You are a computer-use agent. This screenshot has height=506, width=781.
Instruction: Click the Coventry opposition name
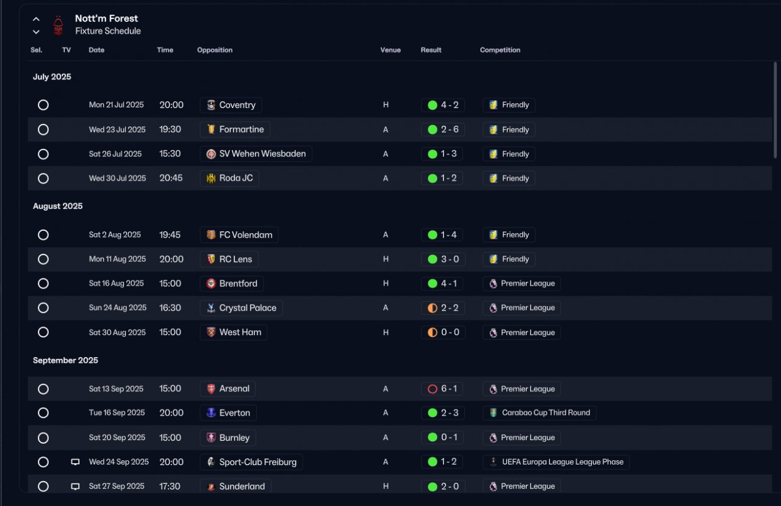click(237, 105)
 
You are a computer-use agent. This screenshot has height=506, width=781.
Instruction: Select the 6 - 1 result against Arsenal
click(448, 388)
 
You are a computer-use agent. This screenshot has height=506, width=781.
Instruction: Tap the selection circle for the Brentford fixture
click(43, 283)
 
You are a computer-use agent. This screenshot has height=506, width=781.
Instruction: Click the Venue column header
click(390, 50)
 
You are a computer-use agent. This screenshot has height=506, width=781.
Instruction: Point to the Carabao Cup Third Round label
click(545, 413)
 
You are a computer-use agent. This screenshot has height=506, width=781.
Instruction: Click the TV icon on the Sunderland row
click(75, 486)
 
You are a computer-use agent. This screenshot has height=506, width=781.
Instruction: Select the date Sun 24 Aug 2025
click(118, 308)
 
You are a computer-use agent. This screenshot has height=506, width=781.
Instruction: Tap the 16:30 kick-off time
click(170, 308)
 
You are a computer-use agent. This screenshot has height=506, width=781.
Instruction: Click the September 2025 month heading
click(65, 360)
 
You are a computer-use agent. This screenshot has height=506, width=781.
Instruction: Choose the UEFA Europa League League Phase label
click(563, 461)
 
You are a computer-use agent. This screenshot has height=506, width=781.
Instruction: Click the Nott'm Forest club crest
click(58, 26)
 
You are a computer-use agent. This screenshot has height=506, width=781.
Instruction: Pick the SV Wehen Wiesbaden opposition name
click(262, 154)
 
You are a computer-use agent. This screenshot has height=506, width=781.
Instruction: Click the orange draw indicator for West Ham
click(433, 332)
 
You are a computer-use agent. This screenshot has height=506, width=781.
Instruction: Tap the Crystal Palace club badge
click(211, 308)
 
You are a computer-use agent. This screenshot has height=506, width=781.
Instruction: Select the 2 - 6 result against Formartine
click(450, 129)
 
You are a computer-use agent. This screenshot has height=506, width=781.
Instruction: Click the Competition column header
click(500, 50)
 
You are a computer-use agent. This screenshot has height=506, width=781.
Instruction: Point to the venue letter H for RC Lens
click(386, 259)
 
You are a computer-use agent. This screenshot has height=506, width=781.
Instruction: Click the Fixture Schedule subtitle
click(108, 31)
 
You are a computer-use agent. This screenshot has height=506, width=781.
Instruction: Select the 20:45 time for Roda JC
click(171, 178)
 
